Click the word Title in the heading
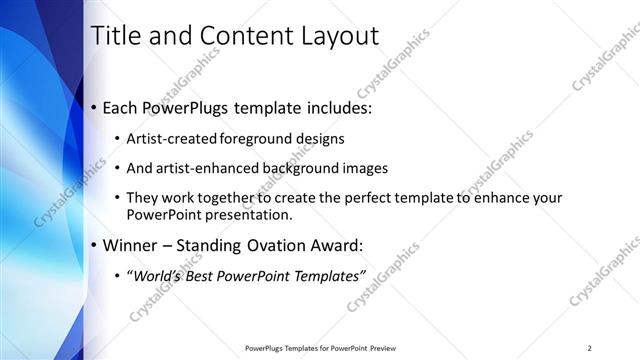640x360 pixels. [116, 36]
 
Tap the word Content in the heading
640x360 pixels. [237, 36]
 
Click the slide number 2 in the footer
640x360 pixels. [589, 348]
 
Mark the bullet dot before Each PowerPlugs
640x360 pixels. [94, 106]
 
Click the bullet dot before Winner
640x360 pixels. [94, 245]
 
